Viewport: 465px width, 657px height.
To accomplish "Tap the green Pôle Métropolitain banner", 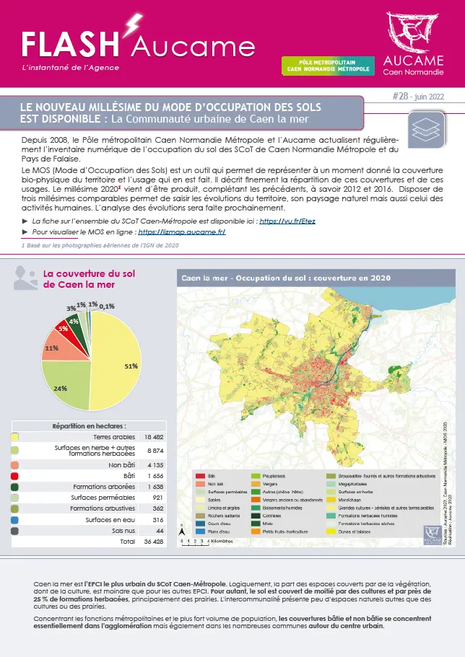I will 327,66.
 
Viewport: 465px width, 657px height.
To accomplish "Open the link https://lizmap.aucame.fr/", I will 182,232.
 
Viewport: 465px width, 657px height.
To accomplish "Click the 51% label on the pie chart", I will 131,366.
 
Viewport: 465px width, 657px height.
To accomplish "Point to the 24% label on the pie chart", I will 60,389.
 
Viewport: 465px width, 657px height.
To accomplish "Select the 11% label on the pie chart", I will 51,348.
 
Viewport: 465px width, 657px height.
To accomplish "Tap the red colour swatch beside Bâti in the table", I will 15,476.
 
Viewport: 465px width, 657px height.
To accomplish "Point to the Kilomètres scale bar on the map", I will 204,539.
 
